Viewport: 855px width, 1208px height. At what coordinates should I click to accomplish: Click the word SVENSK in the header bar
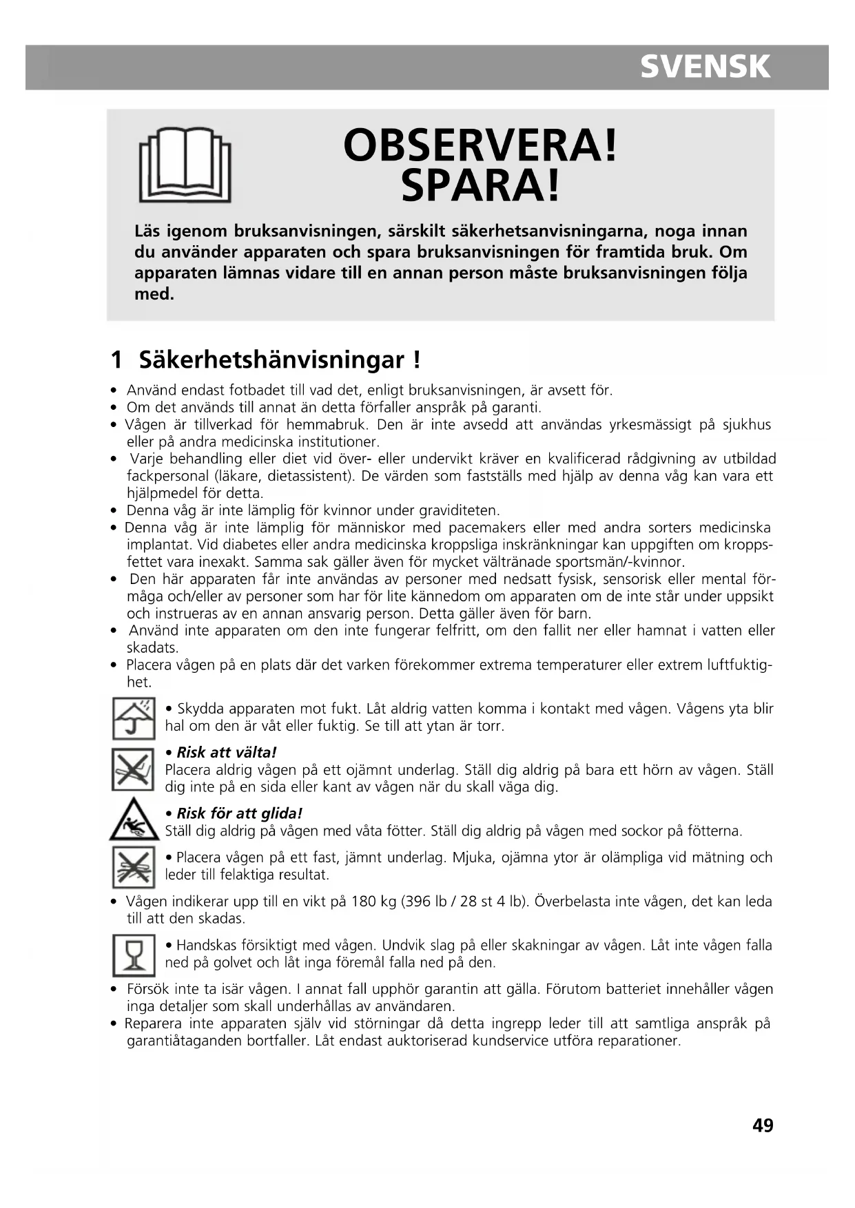point(705,67)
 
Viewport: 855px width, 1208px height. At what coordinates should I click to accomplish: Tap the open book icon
point(185,165)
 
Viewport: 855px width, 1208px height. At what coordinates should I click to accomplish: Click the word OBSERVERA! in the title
point(480,145)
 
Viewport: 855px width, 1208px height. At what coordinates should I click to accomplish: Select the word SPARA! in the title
point(480,186)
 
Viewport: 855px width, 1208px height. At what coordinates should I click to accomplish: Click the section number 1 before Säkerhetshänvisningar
point(116,360)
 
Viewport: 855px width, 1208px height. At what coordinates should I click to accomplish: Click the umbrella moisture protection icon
point(133,718)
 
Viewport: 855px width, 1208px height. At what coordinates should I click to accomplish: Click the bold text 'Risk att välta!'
point(226,752)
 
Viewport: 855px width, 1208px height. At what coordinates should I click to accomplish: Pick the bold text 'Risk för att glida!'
point(239,813)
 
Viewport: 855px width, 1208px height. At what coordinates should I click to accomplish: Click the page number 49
point(763,1125)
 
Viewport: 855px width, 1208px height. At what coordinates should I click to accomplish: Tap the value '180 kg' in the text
point(373,901)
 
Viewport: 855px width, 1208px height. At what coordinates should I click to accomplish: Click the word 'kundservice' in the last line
point(511,1040)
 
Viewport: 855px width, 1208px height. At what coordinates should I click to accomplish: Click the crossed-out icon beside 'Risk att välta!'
point(133,769)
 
